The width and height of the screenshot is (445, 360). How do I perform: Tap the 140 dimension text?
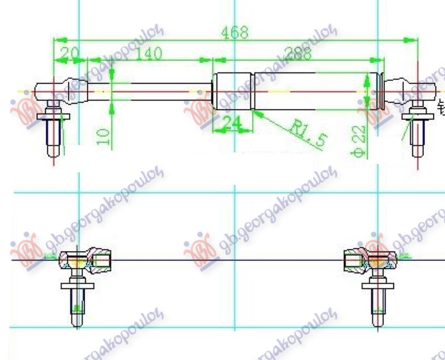pos(147,53)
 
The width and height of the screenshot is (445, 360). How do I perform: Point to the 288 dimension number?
pos(298,53)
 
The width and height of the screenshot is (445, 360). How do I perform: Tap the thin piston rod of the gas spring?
pos(161,92)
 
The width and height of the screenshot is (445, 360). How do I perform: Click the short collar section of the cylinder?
pos(232,91)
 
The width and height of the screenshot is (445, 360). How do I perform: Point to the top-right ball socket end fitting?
pos(409,90)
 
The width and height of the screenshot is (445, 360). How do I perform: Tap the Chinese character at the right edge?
pos(441,106)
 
